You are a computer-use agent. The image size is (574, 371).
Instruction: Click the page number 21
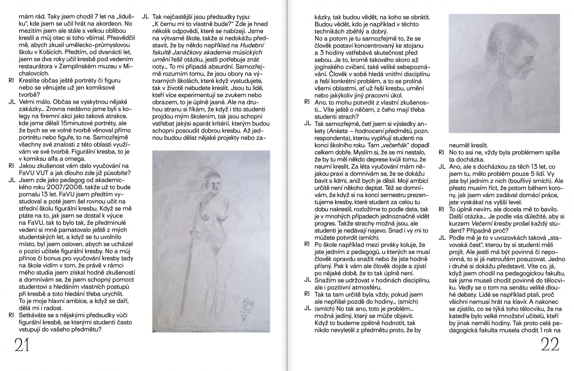(22, 345)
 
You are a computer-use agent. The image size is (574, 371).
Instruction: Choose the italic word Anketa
(339, 131)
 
